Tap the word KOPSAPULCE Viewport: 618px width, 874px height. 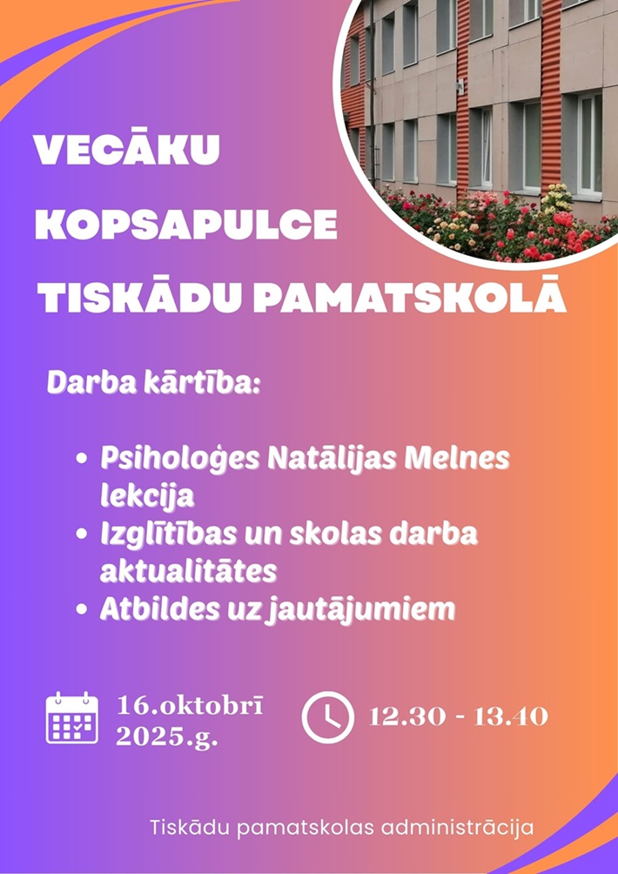pos(186,224)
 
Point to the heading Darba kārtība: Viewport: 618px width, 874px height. pos(154,385)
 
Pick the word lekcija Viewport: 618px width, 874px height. pos(147,496)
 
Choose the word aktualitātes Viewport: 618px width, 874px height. pos(188,571)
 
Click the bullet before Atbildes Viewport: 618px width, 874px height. pos(82,610)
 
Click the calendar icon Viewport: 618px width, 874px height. pos(72,717)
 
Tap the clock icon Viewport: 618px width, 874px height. pos(327,717)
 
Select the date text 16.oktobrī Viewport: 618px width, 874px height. pos(190,706)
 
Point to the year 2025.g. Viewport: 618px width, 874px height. pos(166,738)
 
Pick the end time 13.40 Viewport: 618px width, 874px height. pos(511,716)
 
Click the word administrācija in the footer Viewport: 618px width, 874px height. pos(458,828)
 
